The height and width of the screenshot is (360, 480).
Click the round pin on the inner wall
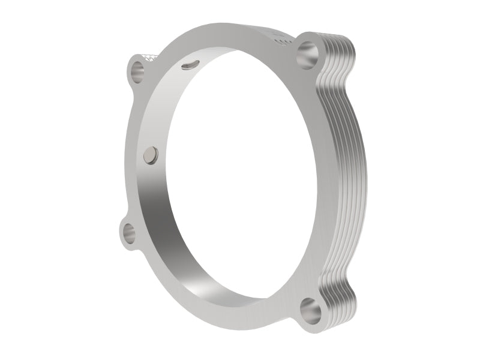pos(150,156)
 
